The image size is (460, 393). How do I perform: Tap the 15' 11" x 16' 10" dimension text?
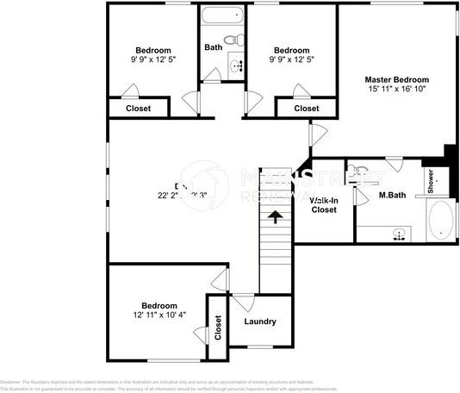(396, 89)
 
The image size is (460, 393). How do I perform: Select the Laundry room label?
(259, 321)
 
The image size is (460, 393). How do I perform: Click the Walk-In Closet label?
(323, 204)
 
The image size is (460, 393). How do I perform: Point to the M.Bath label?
(392, 195)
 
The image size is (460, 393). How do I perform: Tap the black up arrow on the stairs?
(276, 216)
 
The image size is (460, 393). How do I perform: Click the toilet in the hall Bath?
(232, 39)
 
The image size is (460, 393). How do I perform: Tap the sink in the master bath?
(398, 234)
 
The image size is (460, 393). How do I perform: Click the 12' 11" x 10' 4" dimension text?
(160, 316)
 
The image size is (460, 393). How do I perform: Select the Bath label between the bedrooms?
(213, 47)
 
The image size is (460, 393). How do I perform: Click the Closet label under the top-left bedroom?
(139, 109)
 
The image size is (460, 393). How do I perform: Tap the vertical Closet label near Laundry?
(217, 327)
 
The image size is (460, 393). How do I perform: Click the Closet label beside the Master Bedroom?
(306, 109)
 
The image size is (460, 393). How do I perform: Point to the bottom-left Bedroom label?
(160, 306)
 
